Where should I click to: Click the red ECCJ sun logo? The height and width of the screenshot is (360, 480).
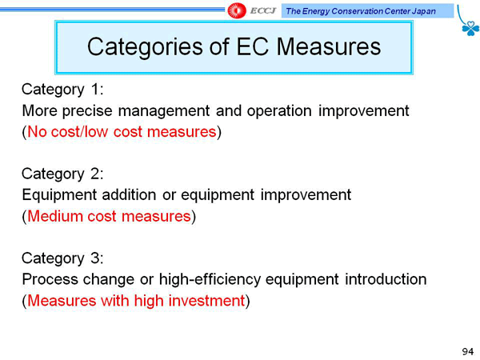tap(237, 10)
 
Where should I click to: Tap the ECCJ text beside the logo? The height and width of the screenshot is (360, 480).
tap(262, 11)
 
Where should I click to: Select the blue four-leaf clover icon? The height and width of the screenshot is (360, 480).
tap(470, 28)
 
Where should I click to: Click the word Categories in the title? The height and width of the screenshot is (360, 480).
tap(145, 47)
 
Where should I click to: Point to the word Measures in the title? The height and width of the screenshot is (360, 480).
tap(329, 46)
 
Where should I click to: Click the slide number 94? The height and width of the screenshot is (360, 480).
tap(468, 351)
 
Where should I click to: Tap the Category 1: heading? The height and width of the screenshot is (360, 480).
tap(62, 90)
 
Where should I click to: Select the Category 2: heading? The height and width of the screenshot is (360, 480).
tap(62, 174)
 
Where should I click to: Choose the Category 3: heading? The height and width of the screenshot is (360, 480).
tap(62, 258)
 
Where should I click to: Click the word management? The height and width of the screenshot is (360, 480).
tap(164, 111)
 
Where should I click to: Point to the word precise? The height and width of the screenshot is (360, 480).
tap(87, 111)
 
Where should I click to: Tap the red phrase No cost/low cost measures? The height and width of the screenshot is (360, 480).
tap(122, 132)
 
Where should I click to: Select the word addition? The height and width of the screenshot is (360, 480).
tap(129, 195)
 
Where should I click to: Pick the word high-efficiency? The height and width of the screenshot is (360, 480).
tap(210, 279)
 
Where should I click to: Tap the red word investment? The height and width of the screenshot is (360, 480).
tap(206, 301)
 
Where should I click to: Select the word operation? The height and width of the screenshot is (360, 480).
tap(279, 111)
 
